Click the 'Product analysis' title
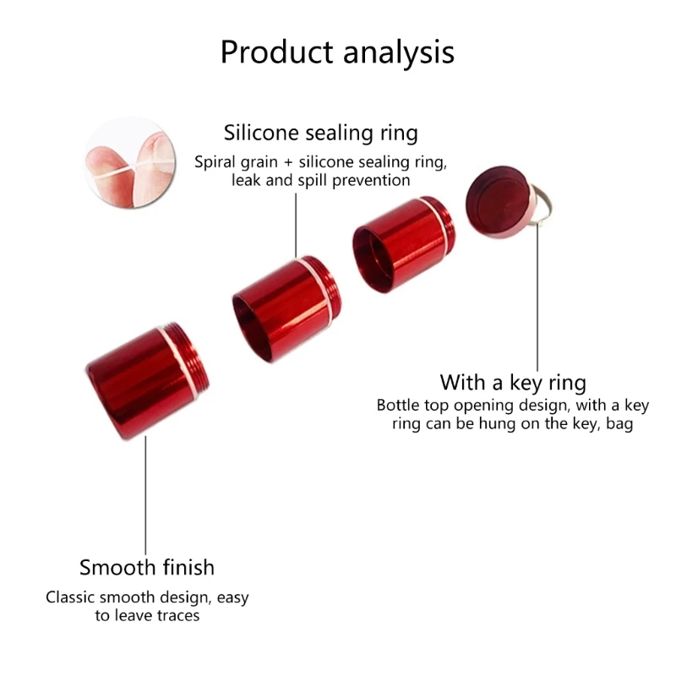point(337,52)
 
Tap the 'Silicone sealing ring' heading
point(321,133)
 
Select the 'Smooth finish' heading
point(146,567)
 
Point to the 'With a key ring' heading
point(513,383)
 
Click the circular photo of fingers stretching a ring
point(131,163)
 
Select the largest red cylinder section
point(146,380)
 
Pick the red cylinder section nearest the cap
point(404,244)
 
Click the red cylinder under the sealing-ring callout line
point(286,308)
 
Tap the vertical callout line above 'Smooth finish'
point(145,495)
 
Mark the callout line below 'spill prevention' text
point(296,225)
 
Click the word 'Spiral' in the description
point(215,163)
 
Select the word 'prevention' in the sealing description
point(371,181)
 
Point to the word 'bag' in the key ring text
point(619,424)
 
